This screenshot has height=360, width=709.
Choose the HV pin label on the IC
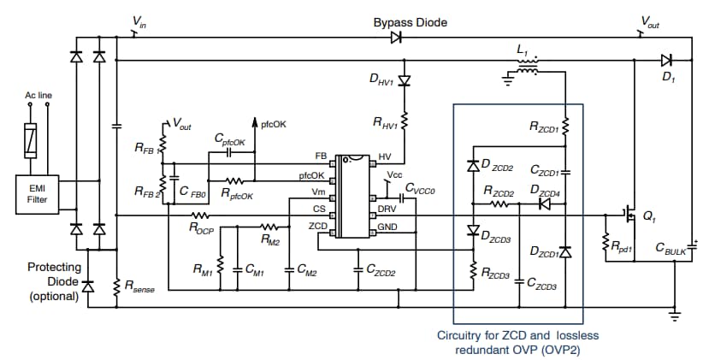click(x=384, y=157)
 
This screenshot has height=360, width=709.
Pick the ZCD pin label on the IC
click(x=318, y=225)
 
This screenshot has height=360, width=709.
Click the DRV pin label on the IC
click(x=387, y=209)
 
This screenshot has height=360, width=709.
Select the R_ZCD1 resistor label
click(x=544, y=129)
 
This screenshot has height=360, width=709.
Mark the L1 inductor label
click(x=523, y=51)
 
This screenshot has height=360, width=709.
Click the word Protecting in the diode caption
click(x=54, y=267)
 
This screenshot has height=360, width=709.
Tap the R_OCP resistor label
click(x=201, y=228)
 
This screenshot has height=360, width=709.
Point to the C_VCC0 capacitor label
click(x=420, y=188)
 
